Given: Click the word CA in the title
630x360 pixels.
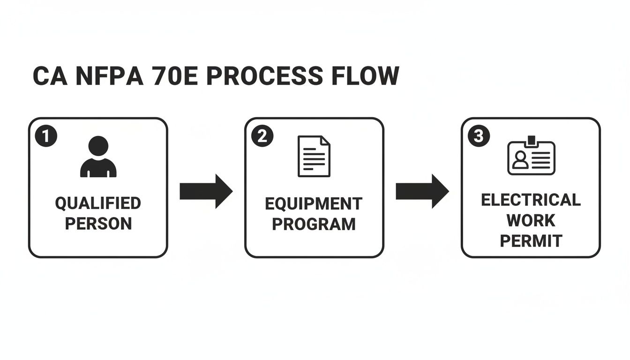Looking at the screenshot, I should click(x=47, y=76).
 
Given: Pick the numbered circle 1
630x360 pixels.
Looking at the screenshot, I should click(x=46, y=136).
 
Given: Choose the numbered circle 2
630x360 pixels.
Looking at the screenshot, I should click(x=262, y=136).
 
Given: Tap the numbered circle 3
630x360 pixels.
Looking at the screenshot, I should click(x=479, y=136).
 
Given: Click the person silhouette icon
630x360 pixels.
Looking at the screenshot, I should click(x=98, y=157).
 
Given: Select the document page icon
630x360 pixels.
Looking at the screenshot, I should click(x=314, y=157).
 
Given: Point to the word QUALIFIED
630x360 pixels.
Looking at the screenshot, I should click(x=98, y=203).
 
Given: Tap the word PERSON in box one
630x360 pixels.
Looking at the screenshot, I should click(x=98, y=224).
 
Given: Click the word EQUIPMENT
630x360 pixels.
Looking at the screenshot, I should click(x=314, y=204).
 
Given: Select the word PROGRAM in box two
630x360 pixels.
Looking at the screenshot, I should click(x=314, y=224).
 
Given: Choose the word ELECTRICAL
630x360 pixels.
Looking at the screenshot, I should click(x=531, y=200).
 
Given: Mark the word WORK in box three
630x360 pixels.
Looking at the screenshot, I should click(x=531, y=220).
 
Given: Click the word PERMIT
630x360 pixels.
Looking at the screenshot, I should click(x=531, y=241).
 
